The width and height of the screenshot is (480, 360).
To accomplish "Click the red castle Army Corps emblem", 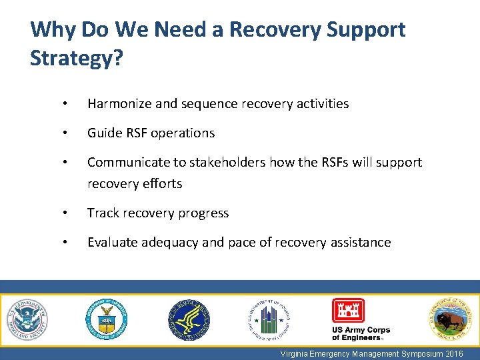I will pos(349,311).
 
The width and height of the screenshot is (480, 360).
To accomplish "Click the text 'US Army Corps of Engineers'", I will pos(360,333).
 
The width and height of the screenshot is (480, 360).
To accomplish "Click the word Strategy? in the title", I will pos(76,58).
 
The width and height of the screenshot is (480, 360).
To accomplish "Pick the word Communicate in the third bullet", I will pos(127,162).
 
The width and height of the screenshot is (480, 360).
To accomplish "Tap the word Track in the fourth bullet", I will pos(102,213).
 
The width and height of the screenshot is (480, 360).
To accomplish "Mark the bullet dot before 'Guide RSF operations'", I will pos(64,133).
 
